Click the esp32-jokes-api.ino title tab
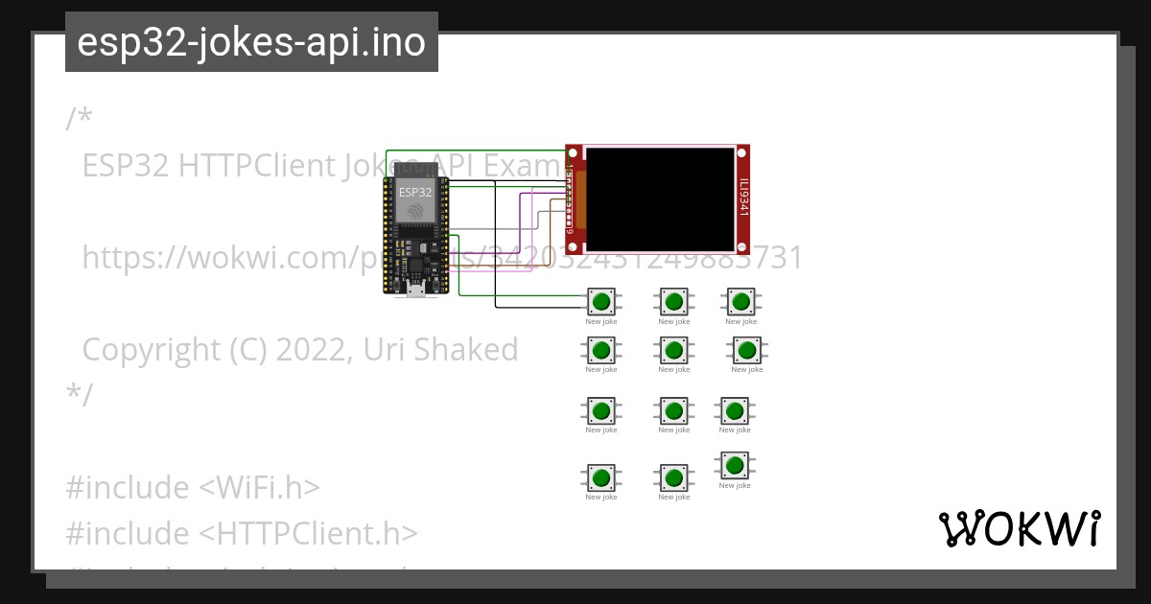251,42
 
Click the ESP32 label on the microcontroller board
415,192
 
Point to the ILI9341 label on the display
743,198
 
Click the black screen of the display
660,198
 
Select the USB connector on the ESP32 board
415,289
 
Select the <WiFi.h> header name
259,488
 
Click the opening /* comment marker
80,119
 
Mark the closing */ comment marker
80,394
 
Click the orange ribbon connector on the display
580,199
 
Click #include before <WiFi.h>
128,488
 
